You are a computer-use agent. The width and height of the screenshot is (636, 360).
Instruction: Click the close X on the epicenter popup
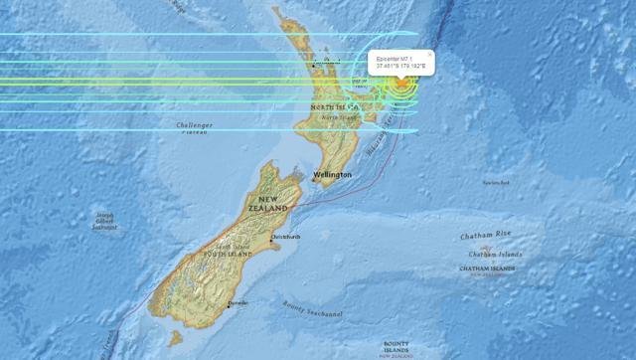pyautogui.click(x=429, y=54)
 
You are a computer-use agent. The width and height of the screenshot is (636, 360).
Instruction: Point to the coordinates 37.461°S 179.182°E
pyautogui.click(x=401, y=67)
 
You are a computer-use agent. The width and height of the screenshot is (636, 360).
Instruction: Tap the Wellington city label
pyautogui.click(x=332, y=175)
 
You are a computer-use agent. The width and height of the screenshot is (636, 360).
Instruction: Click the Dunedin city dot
pyautogui.click(x=229, y=306)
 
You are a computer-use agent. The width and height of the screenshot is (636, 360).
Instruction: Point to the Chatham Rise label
pyautogui.click(x=486, y=236)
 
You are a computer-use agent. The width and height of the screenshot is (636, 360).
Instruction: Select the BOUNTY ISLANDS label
pyautogui.click(x=399, y=346)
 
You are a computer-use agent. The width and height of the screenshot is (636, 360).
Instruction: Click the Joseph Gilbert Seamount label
pyautogui.click(x=105, y=221)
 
